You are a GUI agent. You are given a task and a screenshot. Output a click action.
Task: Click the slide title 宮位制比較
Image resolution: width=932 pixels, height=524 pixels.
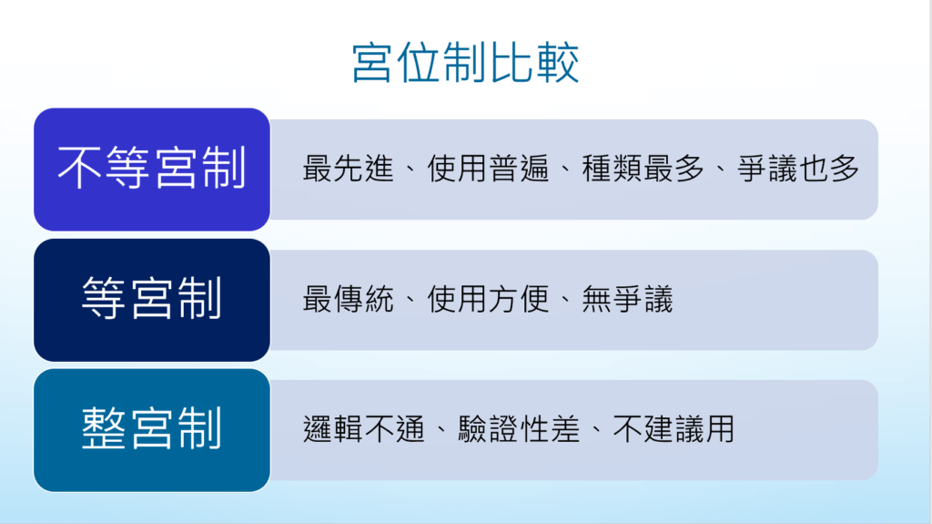click(x=465, y=63)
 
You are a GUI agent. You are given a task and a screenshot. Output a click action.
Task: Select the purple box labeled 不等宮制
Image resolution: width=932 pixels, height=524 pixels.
click(x=152, y=170)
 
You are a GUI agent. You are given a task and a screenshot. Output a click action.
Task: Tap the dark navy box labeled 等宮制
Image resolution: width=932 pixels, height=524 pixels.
click(x=152, y=300)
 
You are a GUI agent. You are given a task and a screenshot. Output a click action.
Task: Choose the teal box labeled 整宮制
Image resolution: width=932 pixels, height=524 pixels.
click(x=152, y=430)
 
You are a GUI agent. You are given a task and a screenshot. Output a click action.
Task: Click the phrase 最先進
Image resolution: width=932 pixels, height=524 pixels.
click(x=349, y=169)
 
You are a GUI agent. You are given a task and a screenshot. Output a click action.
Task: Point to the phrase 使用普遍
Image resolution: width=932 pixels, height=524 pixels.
click(x=488, y=169)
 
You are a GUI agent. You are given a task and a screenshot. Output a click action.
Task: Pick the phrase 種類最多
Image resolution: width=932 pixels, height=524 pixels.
click(x=643, y=169)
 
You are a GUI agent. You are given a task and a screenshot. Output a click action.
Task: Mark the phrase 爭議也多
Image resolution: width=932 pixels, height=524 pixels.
click(x=797, y=169)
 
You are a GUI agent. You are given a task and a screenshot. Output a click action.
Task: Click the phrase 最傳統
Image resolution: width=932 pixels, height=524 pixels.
click(x=349, y=299)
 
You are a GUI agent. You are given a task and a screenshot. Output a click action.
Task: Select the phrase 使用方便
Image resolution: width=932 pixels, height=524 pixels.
click(x=488, y=299)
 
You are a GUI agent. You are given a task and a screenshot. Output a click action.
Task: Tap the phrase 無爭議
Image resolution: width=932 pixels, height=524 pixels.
click(x=627, y=299)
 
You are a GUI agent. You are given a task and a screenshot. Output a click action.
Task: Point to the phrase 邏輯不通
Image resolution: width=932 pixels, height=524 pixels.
click(x=364, y=429)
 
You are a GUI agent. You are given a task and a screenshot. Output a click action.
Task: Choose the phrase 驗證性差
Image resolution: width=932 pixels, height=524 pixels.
click(x=519, y=429)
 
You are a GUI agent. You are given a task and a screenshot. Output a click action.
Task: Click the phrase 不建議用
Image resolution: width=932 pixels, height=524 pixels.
click(x=674, y=429)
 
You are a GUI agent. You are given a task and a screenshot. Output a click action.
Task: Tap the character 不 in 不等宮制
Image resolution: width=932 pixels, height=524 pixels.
click(x=80, y=169)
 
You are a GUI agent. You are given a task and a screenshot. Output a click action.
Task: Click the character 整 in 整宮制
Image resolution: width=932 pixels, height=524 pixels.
click(x=104, y=428)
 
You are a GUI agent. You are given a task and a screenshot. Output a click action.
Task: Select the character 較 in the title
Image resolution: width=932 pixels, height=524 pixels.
click(x=558, y=63)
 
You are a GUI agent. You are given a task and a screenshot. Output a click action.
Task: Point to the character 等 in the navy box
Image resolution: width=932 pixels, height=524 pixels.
click(x=104, y=298)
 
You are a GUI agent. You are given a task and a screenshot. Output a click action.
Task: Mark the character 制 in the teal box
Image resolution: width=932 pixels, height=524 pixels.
click(x=200, y=428)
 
